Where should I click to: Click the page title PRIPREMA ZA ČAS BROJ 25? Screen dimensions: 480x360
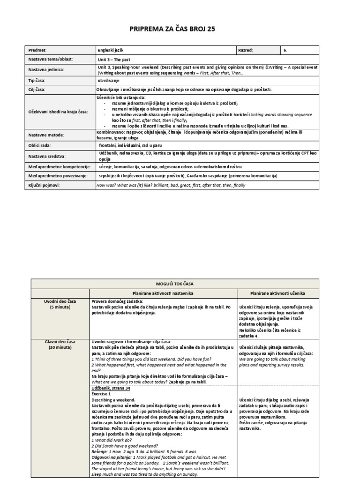coord(180,30)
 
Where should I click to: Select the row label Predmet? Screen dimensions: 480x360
coord(38,50)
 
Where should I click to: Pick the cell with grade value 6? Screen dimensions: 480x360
coord(286,50)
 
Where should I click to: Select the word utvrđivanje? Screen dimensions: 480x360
coord(109,80)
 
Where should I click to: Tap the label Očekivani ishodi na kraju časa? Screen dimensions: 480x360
coord(58,112)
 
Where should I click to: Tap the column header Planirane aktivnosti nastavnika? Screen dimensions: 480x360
coord(162,292)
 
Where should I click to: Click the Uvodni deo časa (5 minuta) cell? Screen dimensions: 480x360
coord(60,304)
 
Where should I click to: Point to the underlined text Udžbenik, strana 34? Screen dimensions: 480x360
coord(111,388)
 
